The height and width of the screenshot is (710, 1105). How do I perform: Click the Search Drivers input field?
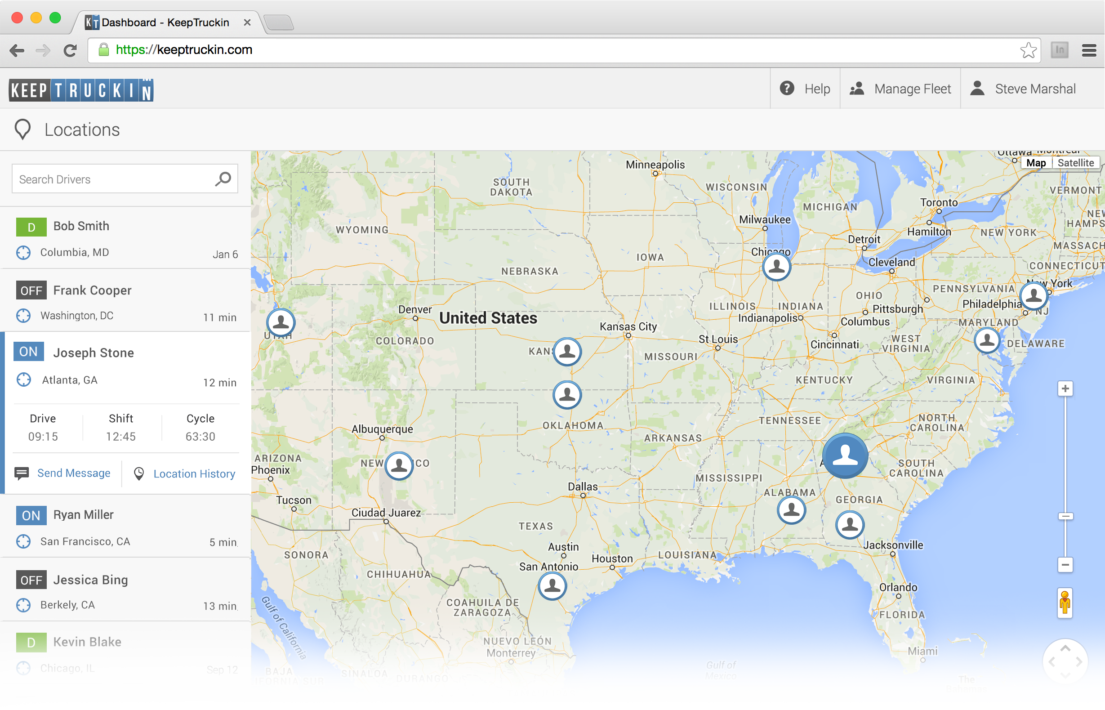point(113,179)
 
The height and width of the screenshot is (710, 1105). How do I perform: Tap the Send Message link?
point(74,473)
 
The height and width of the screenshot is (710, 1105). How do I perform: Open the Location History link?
point(194,473)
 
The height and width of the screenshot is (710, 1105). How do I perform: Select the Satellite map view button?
point(1075,163)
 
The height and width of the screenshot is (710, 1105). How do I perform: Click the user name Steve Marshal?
point(1034,89)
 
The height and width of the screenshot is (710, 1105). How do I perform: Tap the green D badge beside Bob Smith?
point(31,227)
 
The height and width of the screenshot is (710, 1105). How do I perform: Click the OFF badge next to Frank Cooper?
point(31,290)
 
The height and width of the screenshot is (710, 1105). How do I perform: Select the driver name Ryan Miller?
point(84,514)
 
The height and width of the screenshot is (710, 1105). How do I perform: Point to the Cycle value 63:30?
point(200,436)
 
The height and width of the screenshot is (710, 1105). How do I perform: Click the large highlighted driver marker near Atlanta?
point(845,455)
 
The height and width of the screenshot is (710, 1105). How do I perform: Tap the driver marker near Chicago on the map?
point(776,267)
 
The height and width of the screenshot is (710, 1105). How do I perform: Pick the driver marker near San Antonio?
point(552,586)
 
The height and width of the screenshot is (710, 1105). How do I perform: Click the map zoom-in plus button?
point(1065,389)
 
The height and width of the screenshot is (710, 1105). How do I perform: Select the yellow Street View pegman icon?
point(1065,603)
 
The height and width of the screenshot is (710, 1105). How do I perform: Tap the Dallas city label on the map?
point(583,487)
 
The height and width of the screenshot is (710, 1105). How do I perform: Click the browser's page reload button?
point(70,50)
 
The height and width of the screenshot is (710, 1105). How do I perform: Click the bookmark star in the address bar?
point(1028,50)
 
